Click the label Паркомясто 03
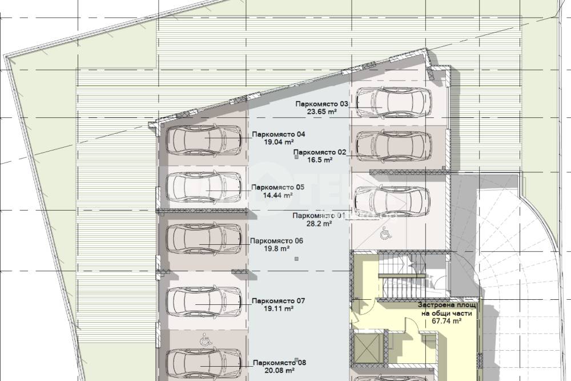322,104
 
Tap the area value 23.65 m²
322,112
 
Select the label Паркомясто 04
279,134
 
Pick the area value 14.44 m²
278,195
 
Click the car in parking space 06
204,239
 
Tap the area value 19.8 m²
276,248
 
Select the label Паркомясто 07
278,301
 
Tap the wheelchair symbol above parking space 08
206,341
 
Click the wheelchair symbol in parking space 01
385,233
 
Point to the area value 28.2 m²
319,224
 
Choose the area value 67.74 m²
447,321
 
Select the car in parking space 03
393,102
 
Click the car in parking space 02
393,146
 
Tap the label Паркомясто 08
279,363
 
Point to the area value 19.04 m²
279,142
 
